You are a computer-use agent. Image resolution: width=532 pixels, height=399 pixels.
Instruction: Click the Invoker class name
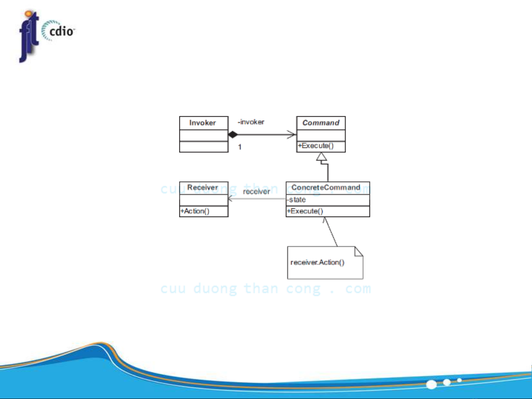click(x=202, y=123)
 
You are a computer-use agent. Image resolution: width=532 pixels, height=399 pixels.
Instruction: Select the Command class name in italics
click(x=321, y=123)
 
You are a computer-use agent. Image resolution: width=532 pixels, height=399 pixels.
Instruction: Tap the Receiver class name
click(x=203, y=187)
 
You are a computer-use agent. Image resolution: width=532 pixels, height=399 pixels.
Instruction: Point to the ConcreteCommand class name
click(x=326, y=187)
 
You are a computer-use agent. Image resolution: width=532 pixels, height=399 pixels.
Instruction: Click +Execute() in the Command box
click(x=316, y=145)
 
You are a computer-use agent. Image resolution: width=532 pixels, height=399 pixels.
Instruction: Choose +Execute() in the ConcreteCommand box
click(x=305, y=211)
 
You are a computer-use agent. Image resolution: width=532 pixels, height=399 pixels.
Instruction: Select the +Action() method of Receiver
click(x=195, y=211)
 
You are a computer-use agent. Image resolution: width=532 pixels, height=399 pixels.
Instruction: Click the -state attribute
click(x=296, y=200)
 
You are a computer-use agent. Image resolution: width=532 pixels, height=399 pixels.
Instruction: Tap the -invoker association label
click(x=251, y=122)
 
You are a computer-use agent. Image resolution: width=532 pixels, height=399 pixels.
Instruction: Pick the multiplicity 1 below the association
click(x=240, y=147)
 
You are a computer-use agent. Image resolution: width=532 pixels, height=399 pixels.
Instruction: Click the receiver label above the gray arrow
click(x=257, y=192)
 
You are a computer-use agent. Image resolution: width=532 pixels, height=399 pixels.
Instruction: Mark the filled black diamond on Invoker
click(x=233, y=134)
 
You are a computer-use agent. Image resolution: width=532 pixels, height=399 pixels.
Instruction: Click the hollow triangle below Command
click(x=322, y=157)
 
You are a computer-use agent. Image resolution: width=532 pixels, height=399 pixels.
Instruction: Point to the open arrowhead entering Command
click(x=292, y=134)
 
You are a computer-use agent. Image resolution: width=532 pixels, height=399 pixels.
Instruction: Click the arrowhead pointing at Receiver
click(x=230, y=199)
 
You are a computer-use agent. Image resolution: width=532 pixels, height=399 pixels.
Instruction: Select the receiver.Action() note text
click(x=317, y=262)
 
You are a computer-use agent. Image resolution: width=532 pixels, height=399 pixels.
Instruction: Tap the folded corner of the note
click(x=359, y=251)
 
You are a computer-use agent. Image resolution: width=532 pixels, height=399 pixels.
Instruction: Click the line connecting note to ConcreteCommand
click(x=330, y=232)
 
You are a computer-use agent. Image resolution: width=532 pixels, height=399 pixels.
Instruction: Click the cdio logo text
click(x=61, y=31)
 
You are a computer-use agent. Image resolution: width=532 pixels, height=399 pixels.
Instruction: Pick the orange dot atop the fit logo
click(x=29, y=13)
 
